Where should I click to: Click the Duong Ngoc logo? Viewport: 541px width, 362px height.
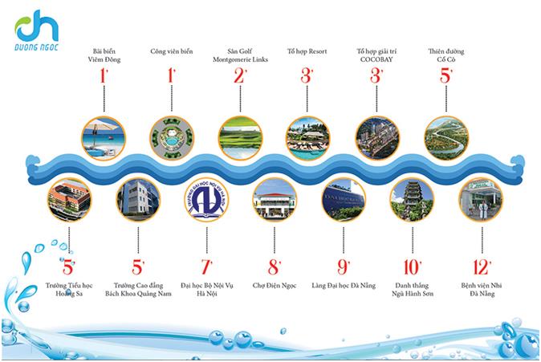tap(37, 31)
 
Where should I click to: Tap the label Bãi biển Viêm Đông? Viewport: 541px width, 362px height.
tap(104, 55)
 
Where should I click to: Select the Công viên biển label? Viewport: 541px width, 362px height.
tap(172, 51)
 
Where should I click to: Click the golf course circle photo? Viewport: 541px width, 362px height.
tap(240, 138)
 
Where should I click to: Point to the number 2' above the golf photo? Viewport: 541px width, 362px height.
tap(240, 75)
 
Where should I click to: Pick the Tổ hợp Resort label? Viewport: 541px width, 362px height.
tap(307, 51)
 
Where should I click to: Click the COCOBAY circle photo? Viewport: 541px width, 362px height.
tap(377, 138)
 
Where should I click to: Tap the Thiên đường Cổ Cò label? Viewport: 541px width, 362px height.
tap(446, 55)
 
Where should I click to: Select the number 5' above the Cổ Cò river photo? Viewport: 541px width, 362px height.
tap(446, 75)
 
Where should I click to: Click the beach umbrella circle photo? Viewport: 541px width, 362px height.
tap(104, 138)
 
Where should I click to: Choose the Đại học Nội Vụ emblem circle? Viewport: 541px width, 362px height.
tap(206, 200)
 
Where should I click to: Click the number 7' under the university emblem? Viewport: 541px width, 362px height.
tap(206, 266)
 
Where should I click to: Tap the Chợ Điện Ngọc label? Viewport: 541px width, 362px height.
tap(275, 286)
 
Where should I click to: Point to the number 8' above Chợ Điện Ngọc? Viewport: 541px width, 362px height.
tap(275, 266)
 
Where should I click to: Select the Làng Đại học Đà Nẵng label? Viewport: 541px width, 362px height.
tap(344, 286)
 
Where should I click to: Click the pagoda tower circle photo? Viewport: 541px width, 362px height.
tap(412, 200)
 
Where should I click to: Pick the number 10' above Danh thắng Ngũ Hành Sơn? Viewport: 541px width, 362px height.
tap(413, 266)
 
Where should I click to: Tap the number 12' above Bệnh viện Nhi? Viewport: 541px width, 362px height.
tap(482, 266)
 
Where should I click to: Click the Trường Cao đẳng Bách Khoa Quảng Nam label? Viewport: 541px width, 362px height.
tap(138, 290)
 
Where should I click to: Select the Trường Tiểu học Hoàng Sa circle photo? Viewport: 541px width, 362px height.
tap(69, 200)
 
